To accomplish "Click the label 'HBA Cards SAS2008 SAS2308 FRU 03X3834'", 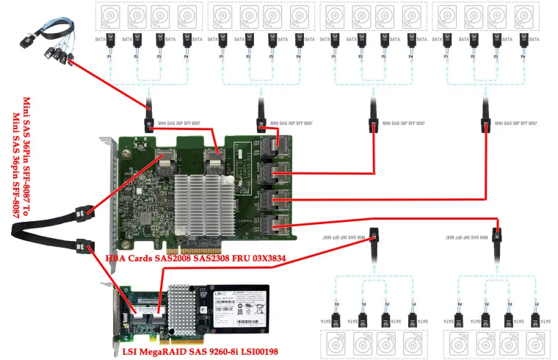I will (x=195, y=258).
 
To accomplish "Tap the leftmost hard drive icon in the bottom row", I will (x=335, y=345).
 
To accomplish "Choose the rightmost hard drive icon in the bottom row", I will (x=539, y=345).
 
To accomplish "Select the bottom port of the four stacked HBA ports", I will (x=273, y=225).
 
